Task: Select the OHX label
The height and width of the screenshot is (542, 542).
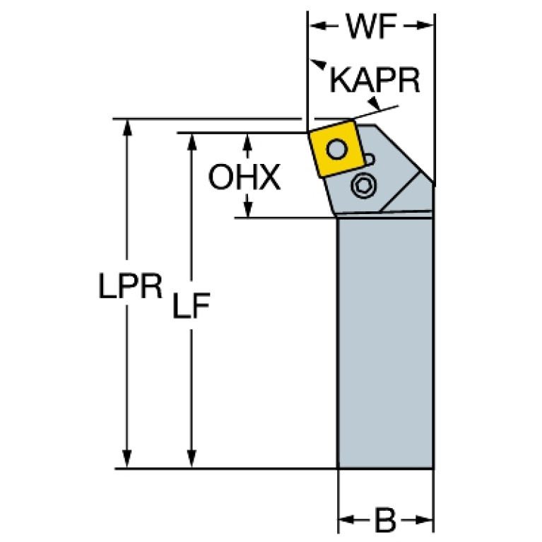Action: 244,178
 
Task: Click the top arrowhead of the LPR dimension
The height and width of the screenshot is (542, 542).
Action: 127,126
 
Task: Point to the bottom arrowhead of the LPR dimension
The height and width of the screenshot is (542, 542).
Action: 127,460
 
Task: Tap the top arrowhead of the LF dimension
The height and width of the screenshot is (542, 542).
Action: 192,139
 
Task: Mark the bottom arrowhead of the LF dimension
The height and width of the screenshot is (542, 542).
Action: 192,460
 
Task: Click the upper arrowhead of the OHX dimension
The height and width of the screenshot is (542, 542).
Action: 247,139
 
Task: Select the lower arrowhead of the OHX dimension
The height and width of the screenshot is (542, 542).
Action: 247,210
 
